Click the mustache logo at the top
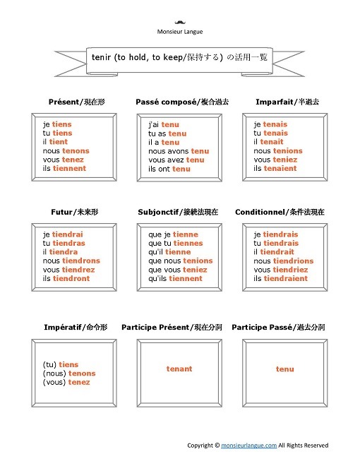coord(179,22)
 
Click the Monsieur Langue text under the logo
coord(179,32)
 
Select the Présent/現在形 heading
coord(73,102)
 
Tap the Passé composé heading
coord(182,102)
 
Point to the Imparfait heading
coord(287,102)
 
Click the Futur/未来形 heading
coord(74,212)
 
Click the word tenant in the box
coord(179,369)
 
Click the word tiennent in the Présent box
coord(69,169)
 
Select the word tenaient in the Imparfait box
coord(280,169)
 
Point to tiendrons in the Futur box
coord(81,261)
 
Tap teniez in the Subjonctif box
coord(194,270)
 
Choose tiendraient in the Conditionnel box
coord(286,279)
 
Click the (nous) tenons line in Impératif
coord(69,374)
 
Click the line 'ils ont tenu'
coord(169,169)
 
